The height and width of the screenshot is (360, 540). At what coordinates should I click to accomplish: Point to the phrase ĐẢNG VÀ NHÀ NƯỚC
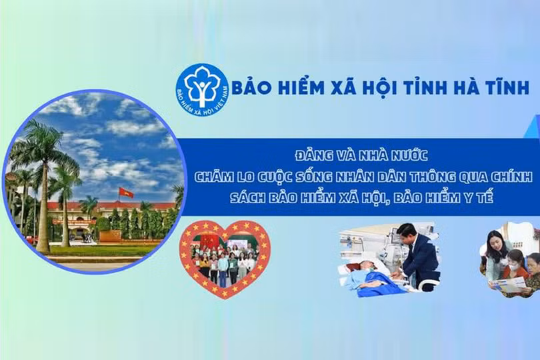[362, 155]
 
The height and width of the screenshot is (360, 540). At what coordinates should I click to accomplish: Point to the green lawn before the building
[100, 249]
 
